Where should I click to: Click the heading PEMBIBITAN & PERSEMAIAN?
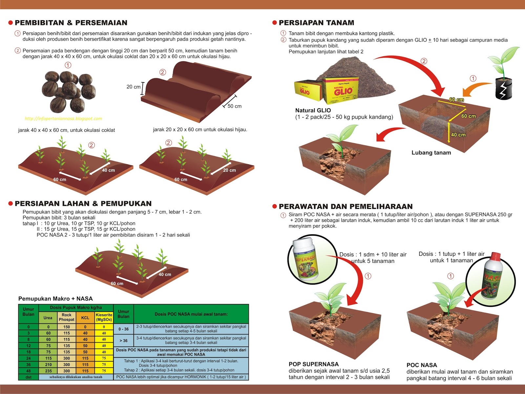pos(71,23)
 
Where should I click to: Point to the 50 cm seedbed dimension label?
pos(234,106)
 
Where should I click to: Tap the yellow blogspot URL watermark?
pos(63,119)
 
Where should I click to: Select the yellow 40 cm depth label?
pos(458,135)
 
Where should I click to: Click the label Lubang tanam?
pos(431,153)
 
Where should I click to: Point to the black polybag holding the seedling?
pos(503,89)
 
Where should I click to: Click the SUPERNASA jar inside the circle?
pos(306,260)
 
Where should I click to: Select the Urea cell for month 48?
pos(48,371)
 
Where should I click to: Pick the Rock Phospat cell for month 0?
pos(67,327)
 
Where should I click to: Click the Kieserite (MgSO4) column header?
pos(104,317)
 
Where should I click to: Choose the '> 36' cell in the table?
pos(123,341)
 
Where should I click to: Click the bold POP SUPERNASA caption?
pos(314,364)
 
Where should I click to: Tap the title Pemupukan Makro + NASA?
pos(55,298)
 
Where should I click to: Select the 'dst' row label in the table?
pos(29,377)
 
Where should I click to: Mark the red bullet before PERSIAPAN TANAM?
pos(274,23)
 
